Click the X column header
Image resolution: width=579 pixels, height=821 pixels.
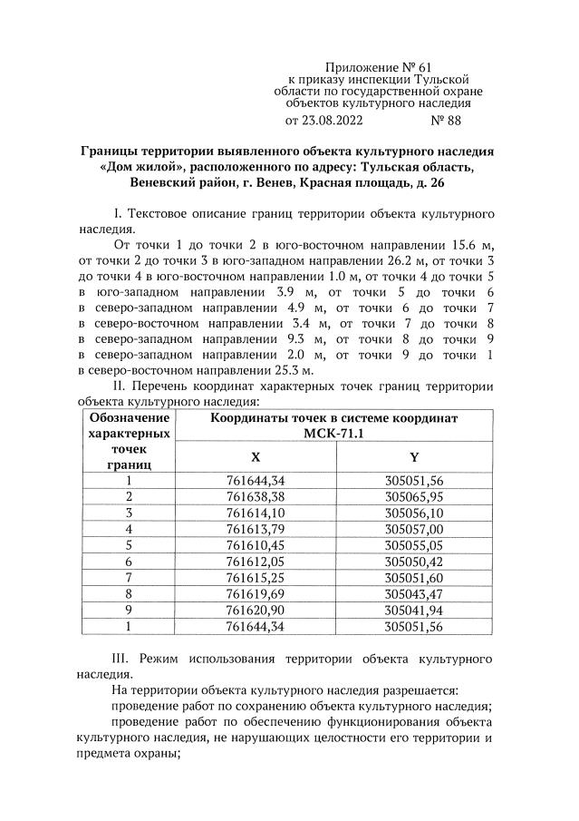[255, 458]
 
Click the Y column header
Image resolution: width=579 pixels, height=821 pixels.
[413, 458]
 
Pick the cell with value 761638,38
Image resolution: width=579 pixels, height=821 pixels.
[255, 497]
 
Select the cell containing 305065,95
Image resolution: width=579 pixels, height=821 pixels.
[413, 497]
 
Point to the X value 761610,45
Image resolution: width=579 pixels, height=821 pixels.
[255, 546]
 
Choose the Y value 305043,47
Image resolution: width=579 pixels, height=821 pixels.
[413, 595]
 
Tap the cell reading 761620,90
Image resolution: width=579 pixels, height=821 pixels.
[255, 611]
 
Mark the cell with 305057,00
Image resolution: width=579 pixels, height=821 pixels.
[413, 530]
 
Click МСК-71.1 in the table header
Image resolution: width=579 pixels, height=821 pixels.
[334, 434]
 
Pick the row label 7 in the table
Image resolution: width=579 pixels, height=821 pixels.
[129, 579]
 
